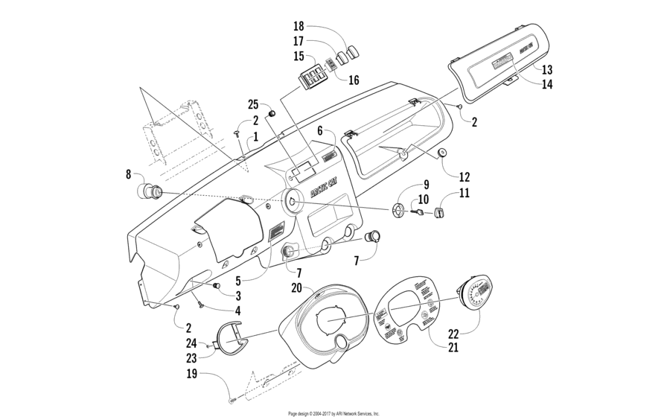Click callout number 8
[129, 175]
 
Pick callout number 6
[319, 130]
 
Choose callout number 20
[296, 288]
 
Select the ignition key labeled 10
[418, 212]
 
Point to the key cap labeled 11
[438, 214]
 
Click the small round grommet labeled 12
[442, 153]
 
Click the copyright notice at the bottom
[333, 413]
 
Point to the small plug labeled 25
[272, 112]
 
